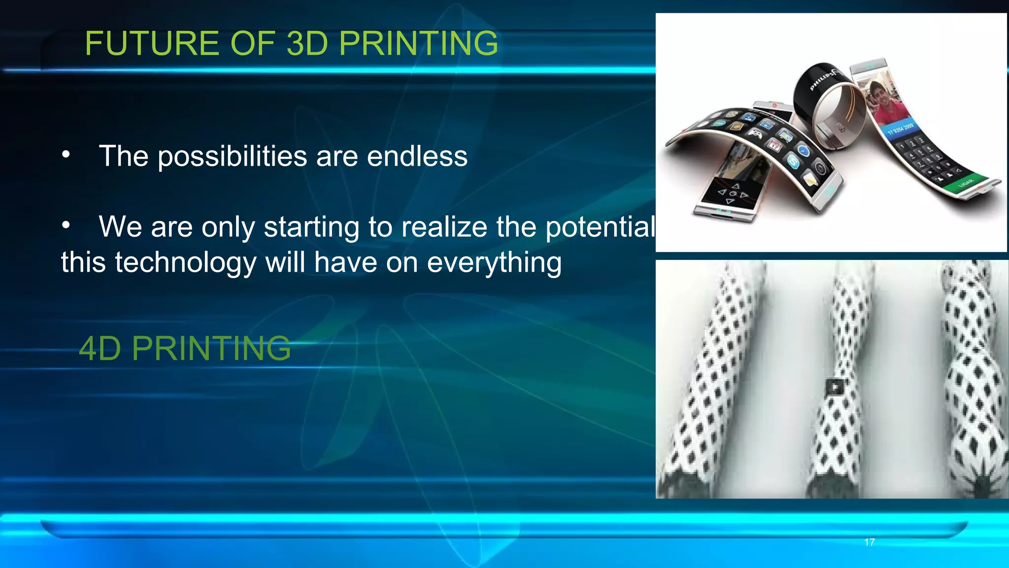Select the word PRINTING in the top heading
point(418,43)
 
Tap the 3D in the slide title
point(306,43)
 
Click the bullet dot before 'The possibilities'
point(66,155)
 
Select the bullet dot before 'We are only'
point(66,226)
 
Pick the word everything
point(494,262)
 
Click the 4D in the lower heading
point(100,349)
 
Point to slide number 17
point(869,542)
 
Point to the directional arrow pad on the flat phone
point(732,193)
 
